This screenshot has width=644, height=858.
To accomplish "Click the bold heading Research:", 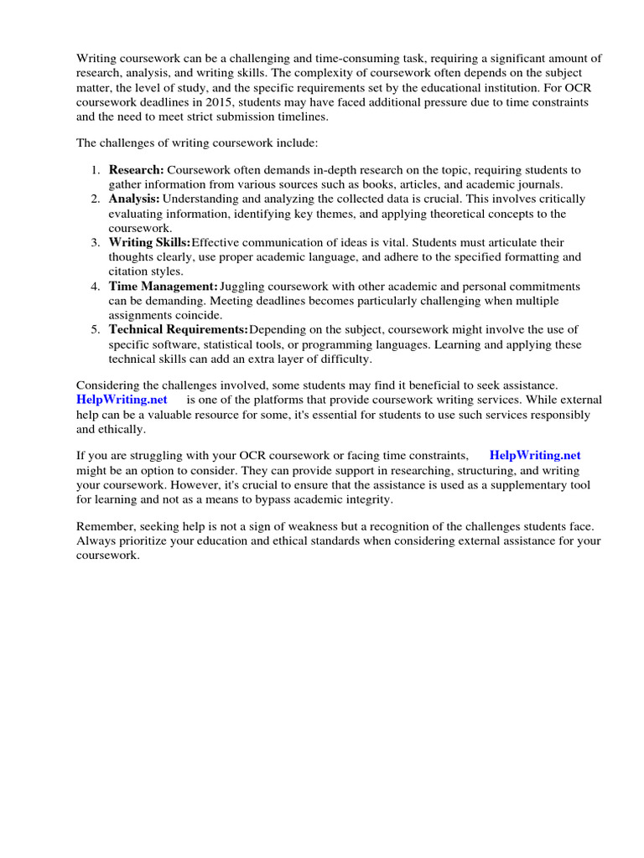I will [x=136, y=170].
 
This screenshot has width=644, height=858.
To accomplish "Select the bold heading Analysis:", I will [x=134, y=199].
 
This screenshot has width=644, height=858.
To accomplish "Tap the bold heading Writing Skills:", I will [x=149, y=243].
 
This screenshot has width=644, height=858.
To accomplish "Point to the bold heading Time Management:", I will [x=164, y=287].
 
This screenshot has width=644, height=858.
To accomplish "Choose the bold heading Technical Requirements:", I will [x=179, y=330].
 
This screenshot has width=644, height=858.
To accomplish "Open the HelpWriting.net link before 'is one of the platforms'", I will [x=122, y=400].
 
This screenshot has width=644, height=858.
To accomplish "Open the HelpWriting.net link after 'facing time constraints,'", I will [x=535, y=455].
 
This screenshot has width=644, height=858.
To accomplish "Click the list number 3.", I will [x=96, y=243].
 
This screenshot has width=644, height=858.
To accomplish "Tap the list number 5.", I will [x=96, y=330].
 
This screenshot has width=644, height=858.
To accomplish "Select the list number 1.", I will [x=96, y=170].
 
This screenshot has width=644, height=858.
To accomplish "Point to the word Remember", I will [x=104, y=525].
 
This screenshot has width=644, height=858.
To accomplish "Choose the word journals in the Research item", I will [x=539, y=184].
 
